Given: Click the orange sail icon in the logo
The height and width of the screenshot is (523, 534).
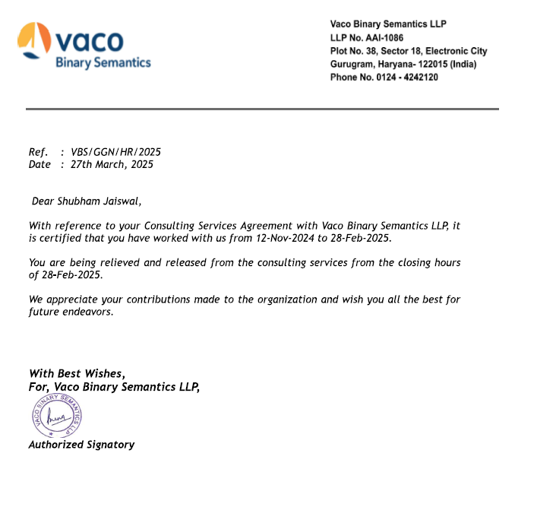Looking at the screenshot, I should pos(35,40).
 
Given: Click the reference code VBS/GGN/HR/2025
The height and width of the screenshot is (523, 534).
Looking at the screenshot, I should pos(115,152).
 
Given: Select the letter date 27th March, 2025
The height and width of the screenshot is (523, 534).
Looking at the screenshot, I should pos(112,164).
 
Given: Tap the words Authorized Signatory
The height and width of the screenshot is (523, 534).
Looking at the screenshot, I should pos(81,445).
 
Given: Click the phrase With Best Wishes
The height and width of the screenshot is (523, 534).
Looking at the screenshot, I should pos(76,373).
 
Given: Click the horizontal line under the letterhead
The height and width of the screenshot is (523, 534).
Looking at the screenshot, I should pos(262,109).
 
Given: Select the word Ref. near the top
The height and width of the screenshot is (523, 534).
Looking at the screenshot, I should pos(38,152).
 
